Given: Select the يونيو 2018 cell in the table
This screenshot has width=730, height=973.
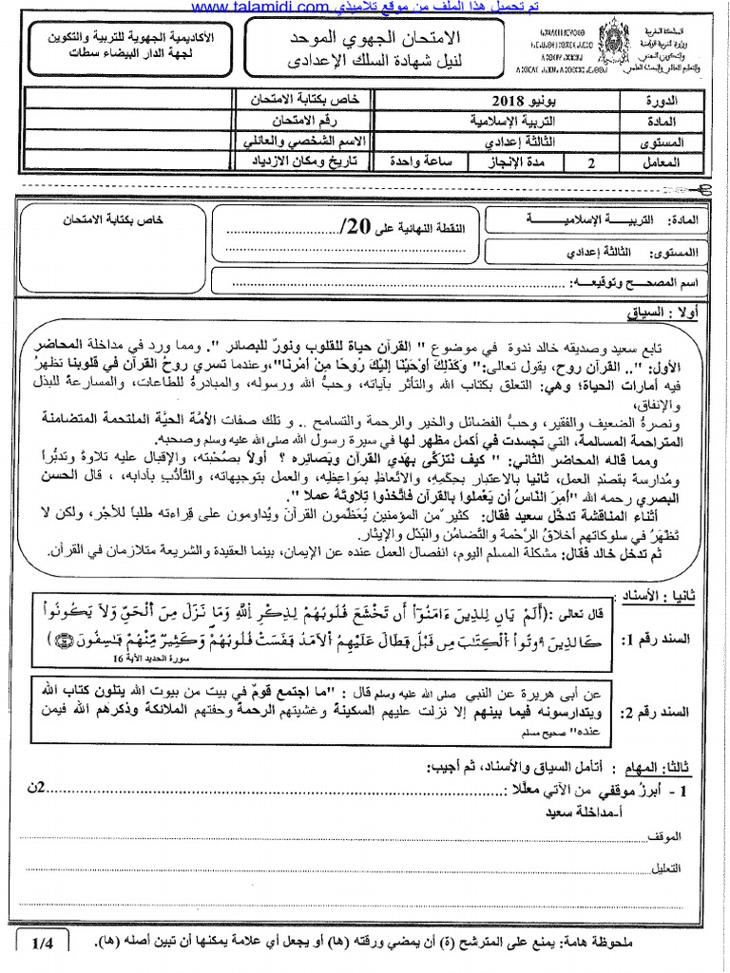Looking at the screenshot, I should (x=515, y=100).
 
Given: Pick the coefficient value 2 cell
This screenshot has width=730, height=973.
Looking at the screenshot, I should (x=592, y=162).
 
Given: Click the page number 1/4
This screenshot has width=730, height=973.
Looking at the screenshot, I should (x=44, y=943).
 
